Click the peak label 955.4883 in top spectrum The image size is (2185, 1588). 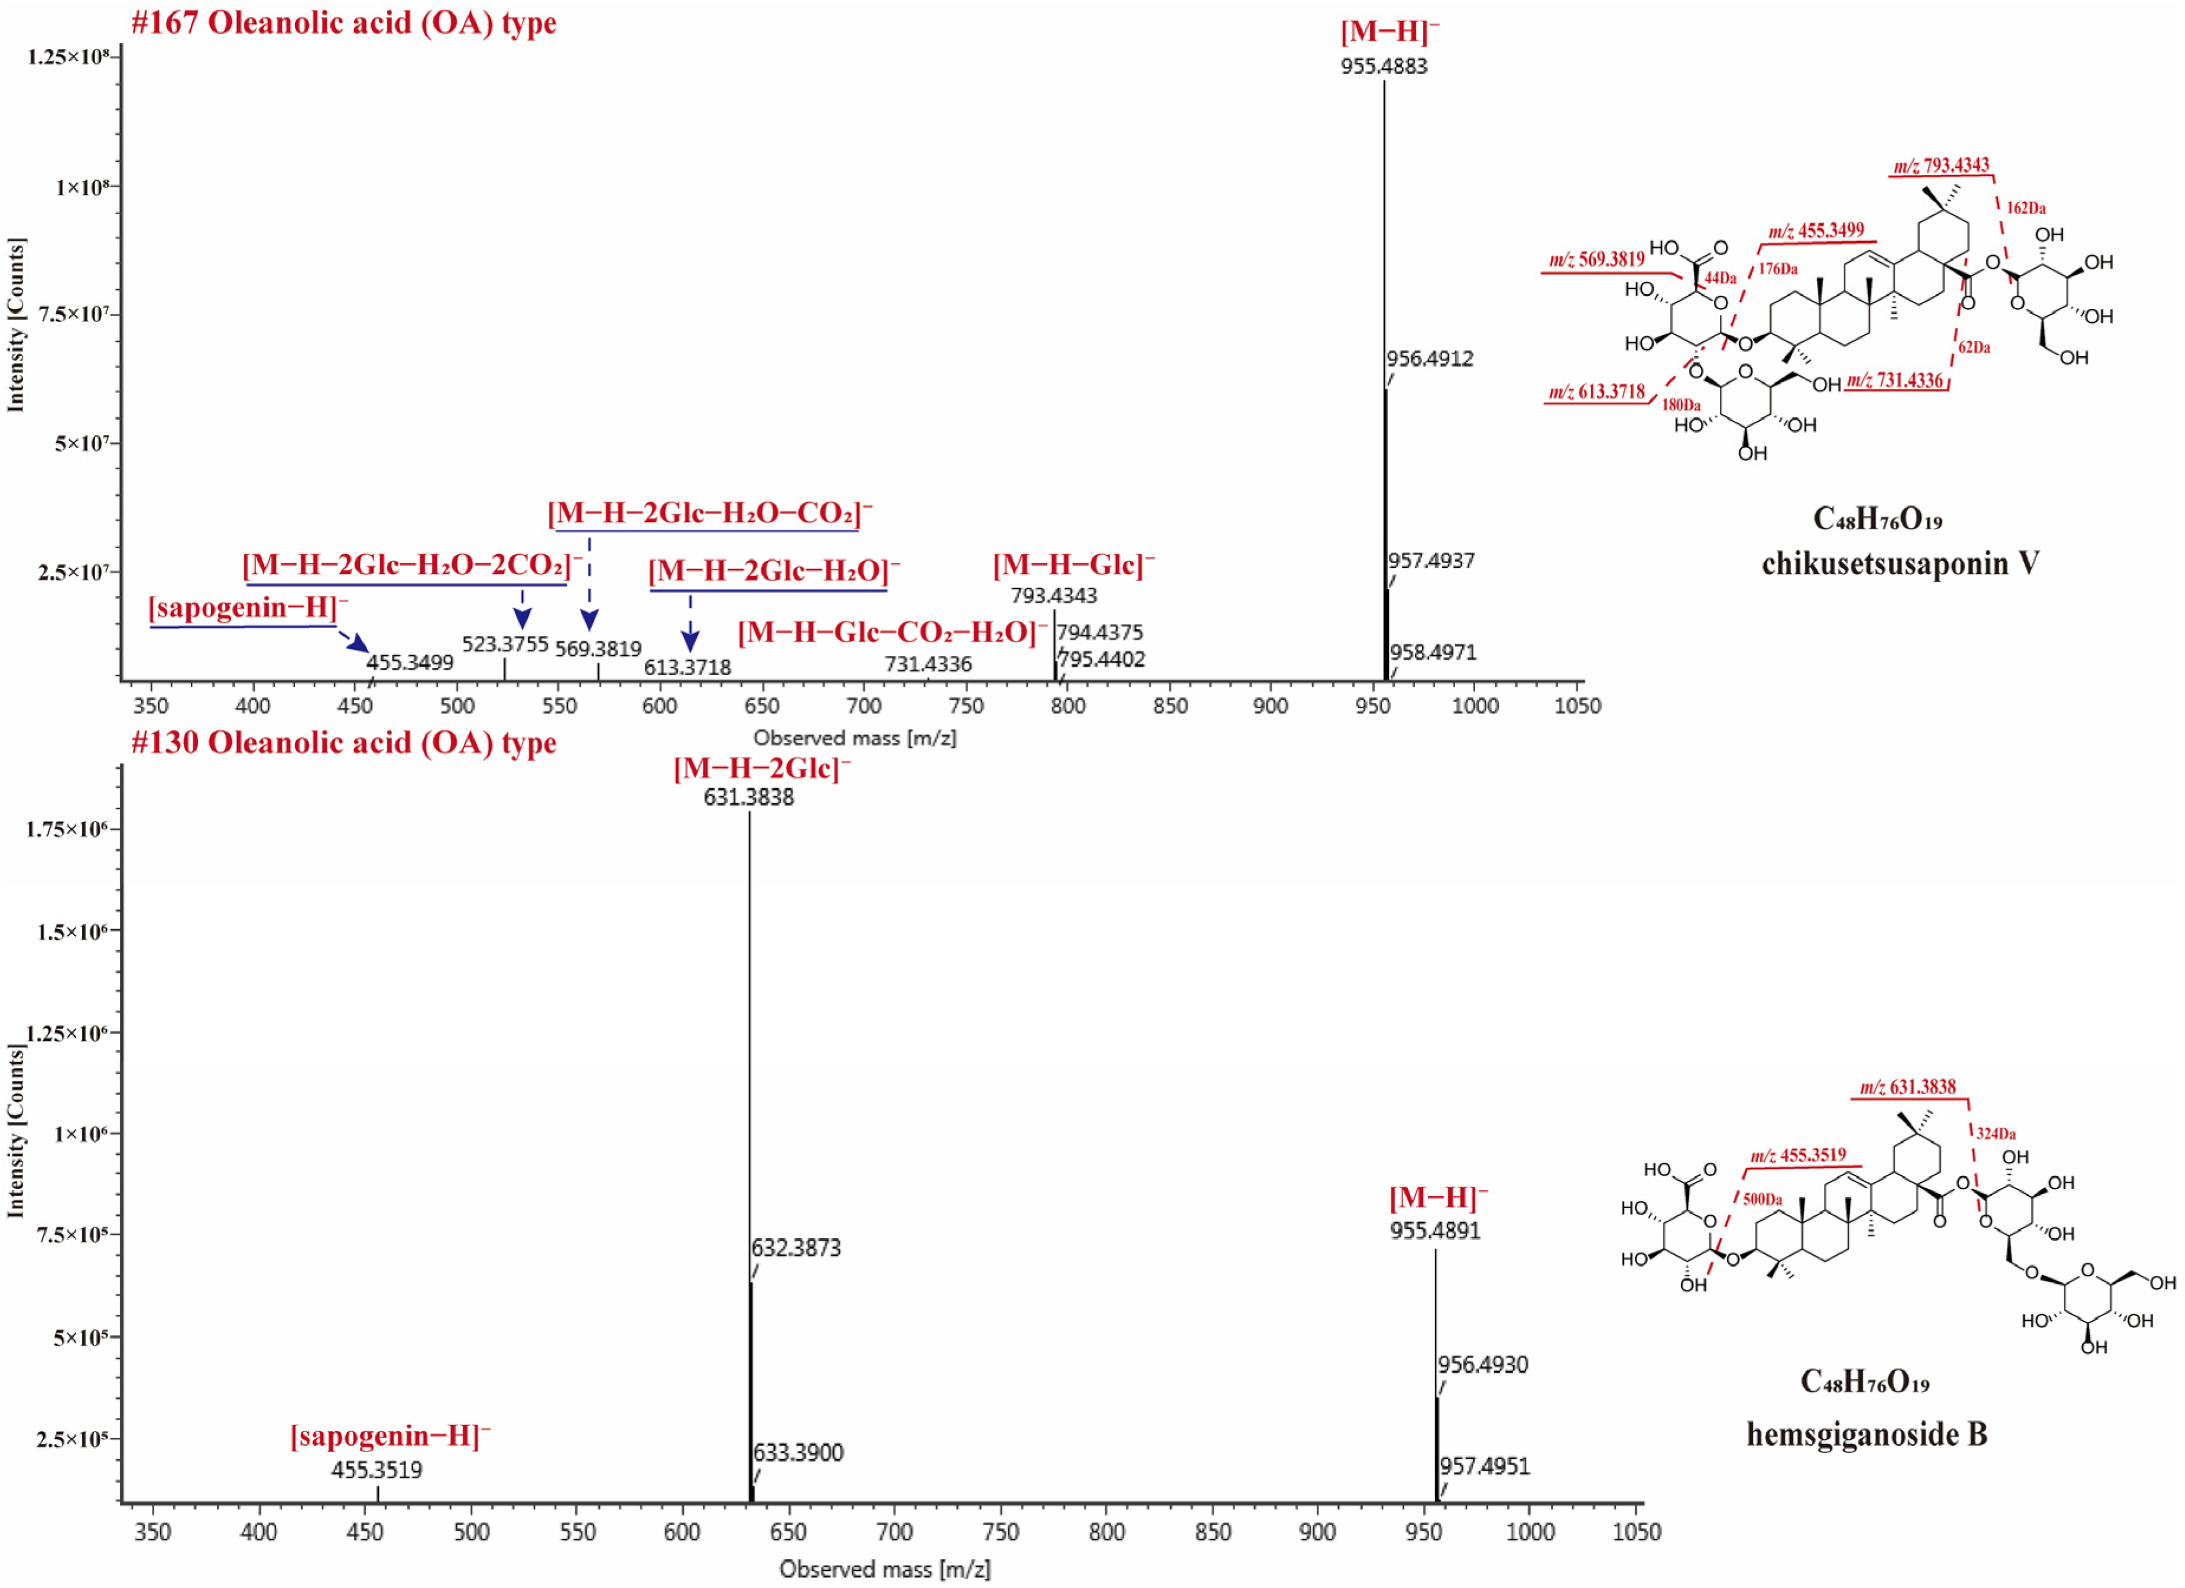[x=1384, y=67]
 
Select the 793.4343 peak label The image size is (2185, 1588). [x=1053, y=596]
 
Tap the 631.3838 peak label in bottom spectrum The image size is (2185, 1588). [x=749, y=798]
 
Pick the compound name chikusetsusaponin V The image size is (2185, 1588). [x=1900, y=564]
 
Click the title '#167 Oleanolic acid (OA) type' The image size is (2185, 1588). [x=344, y=23]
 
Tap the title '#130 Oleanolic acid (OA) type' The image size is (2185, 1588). [x=344, y=743]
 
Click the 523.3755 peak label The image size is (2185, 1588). [x=505, y=644]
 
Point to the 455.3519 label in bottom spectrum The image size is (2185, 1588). [x=376, y=1470]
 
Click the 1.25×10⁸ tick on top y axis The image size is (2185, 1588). [x=67, y=57]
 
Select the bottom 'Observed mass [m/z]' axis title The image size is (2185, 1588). [x=884, y=1570]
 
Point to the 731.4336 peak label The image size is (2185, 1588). [x=928, y=665]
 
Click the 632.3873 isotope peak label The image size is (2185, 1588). [x=796, y=1248]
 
